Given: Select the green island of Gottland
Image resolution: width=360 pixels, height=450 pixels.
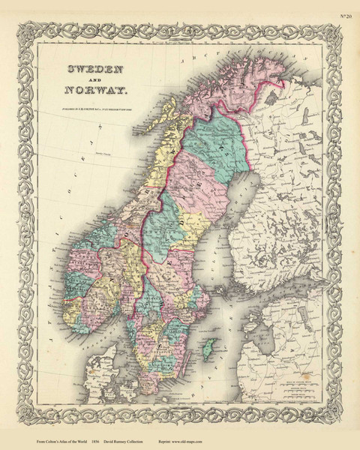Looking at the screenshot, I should [211, 347].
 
